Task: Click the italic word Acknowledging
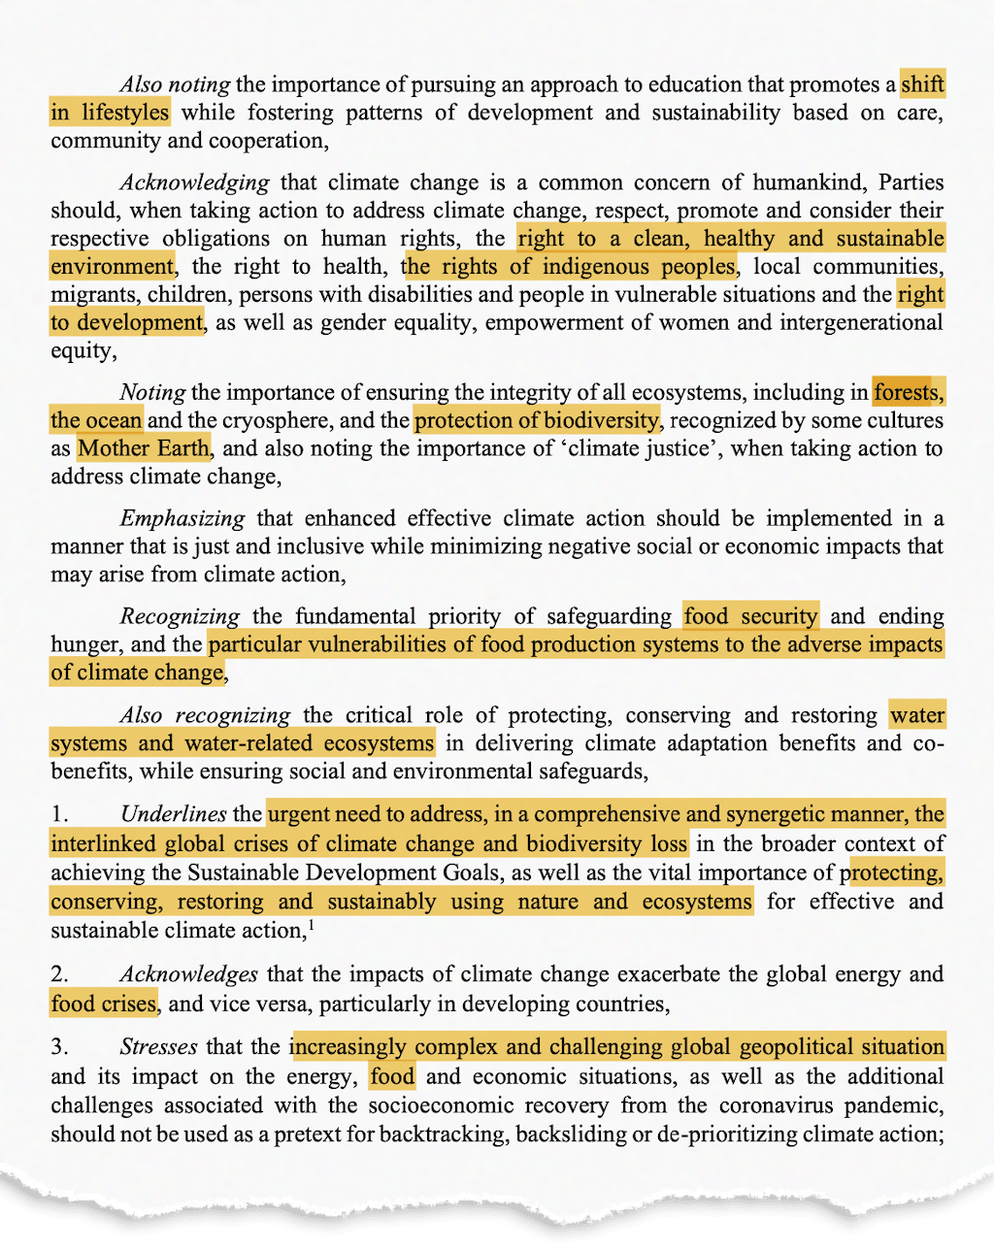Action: coord(194,182)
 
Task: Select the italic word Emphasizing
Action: coord(181,518)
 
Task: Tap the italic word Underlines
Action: coord(173,814)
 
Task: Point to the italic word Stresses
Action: coord(158,1047)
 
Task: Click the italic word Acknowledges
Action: coord(188,974)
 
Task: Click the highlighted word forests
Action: coord(907,393)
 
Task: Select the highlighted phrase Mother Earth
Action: coord(144,448)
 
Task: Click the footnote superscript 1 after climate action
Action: coord(311,925)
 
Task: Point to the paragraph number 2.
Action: coord(59,974)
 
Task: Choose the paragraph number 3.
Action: coord(59,1047)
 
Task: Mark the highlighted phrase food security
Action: coord(750,616)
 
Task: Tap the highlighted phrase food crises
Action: coord(104,1004)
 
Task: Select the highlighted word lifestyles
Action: coord(125,113)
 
